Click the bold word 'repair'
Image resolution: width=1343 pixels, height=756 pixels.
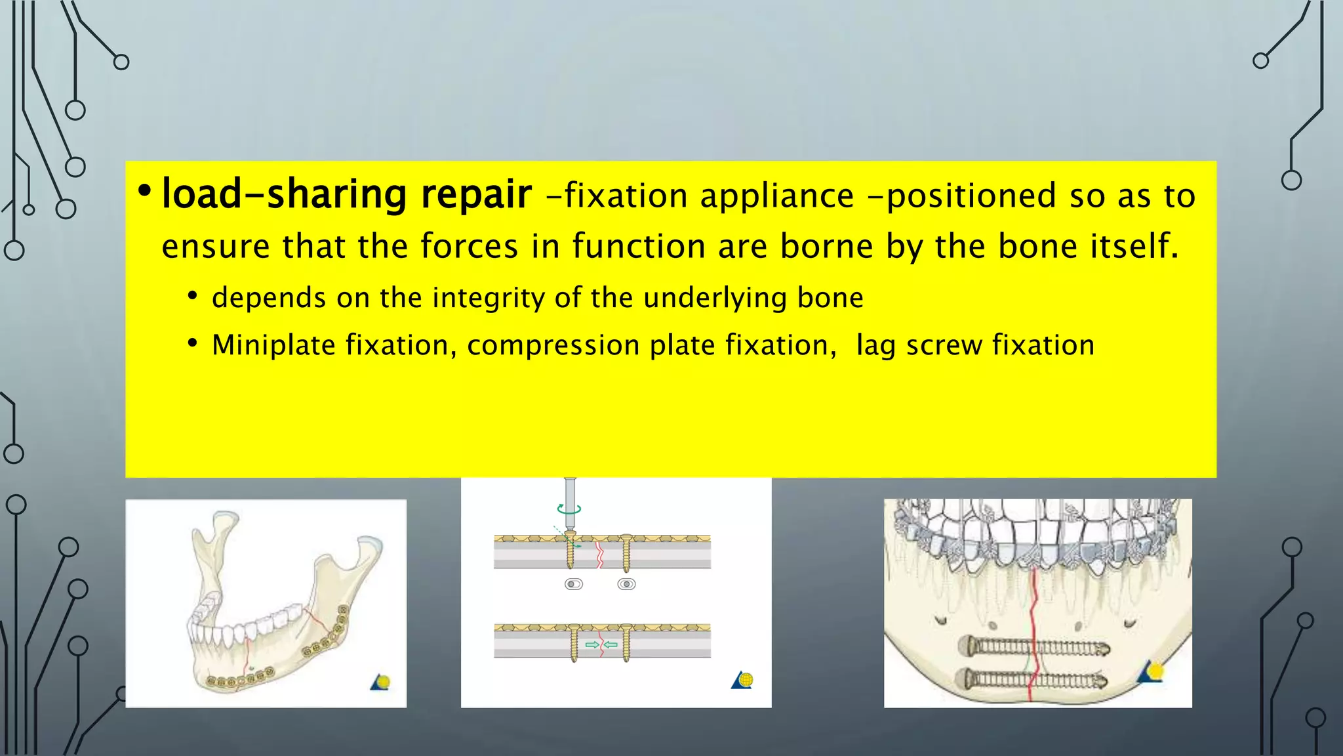[476, 195]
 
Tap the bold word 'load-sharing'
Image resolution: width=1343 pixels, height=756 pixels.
[285, 195]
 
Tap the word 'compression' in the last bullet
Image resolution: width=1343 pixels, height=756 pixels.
[553, 346]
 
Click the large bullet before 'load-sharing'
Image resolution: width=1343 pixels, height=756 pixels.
[144, 191]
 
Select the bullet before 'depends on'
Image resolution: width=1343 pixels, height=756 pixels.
[192, 297]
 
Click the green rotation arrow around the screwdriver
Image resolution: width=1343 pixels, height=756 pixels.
[569, 509]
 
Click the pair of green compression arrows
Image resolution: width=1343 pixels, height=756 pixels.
[601, 644]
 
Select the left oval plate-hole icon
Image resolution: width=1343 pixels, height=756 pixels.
[574, 584]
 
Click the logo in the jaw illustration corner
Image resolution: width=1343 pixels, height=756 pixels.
[381, 682]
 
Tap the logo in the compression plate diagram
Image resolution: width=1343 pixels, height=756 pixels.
[742, 680]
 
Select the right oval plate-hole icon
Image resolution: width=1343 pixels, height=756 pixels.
[627, 584]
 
